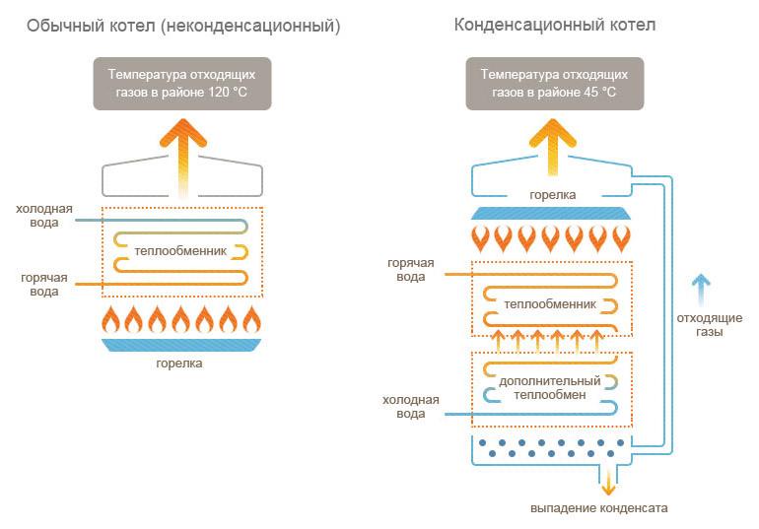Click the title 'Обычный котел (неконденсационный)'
[183, 27]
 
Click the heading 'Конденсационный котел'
[555, 25]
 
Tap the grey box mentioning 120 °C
[182, 83]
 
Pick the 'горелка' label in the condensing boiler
[553, 195]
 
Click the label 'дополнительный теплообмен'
[550, 387]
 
